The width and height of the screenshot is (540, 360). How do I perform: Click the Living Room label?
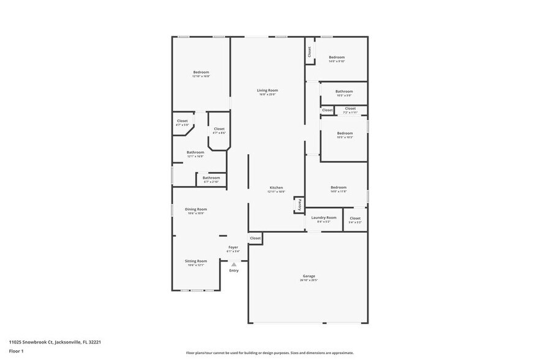click(x=267, y=90)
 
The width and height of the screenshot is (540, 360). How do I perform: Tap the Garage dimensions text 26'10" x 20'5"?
click(x=309, y=280)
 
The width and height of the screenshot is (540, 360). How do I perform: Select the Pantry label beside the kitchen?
click(x=299, y=206)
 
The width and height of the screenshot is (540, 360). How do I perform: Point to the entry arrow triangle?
click(x=233, y=264)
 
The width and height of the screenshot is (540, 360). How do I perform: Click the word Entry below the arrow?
click(x=234, y=270)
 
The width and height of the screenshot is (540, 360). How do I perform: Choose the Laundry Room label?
click(x=323, y=217)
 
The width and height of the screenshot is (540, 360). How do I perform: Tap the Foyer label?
click(x=233, y=247)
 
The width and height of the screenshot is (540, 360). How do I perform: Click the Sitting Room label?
click(x=196, y=261)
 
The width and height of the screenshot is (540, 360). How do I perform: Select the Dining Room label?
click(x=196, y=209)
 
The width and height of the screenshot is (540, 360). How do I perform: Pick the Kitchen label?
click(x=276, y=187)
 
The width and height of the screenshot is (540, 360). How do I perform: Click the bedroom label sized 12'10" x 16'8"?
click(x=201, y=72)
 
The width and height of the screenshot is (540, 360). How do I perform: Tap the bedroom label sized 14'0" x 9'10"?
click(x=337, y=57)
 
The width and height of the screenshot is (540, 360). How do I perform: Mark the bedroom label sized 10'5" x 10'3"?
click(x=345, y=133)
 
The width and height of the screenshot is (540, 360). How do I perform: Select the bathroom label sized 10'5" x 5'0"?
click(x=343, y=91)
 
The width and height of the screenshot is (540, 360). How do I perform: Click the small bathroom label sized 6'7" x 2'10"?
click(x=211, y=178)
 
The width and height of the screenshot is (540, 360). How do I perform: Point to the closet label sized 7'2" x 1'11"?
click(x=350, y=108)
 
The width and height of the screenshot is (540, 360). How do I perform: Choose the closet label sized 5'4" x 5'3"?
click(x=355, y=218)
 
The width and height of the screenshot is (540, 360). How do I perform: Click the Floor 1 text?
click(x=16, y=351)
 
